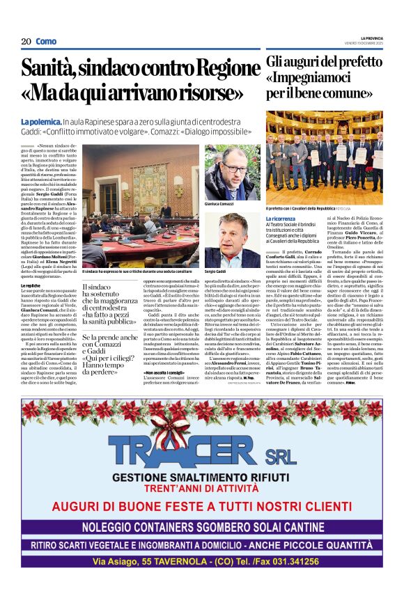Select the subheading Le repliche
click(x=31, y=286)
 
